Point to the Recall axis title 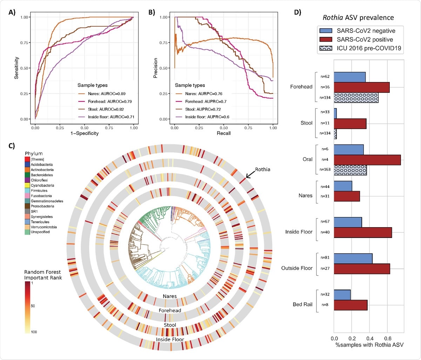pyautogui.click(x=223, y=133)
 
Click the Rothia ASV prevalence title pyautogui.click(x=358, y=18)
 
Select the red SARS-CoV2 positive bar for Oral pyautogui.click(x=367, y=160)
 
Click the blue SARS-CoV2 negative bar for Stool pyautogui.click(x=335, y=113)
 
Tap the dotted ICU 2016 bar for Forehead pyautogui.click(x=356, y=97)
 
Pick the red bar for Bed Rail pyautogui.click(x=350, y=305)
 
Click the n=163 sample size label pyautogui.click(x=325, y=170)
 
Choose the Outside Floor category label pyautogui.click(x=296, y=268)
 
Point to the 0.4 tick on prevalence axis pyautogui.click(x=369, y=339)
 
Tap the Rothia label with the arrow pyautogui.click(x=262, y=169)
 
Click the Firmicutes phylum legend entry pyautogui.click(x=39, y=191)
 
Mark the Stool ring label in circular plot pyautogui.click(x=170, y=325)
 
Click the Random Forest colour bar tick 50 pyautogui.click(x=33, y=306)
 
